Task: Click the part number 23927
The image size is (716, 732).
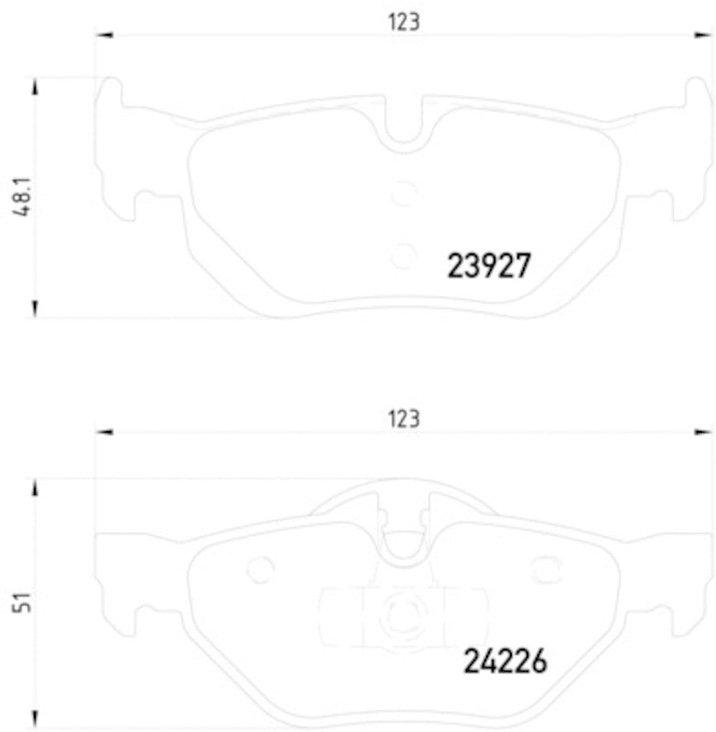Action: coord(488,266)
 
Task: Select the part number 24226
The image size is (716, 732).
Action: coord(504,661)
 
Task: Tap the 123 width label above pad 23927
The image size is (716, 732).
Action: coord(403,22)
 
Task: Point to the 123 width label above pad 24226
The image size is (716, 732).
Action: coord(403,419)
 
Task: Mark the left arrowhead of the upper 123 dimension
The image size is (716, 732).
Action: coord(103,36)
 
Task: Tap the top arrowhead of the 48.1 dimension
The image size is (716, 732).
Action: coord(36,88)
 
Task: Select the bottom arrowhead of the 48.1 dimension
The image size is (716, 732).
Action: coord(36,307)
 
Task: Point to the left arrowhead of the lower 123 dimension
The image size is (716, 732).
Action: coord(103,431)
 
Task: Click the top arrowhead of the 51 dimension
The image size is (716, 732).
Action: coord(36,488)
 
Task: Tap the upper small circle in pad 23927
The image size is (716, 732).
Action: coord(403,193)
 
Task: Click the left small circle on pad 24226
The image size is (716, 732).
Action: coord(261,570)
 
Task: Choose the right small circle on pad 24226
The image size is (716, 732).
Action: coord(547,570)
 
